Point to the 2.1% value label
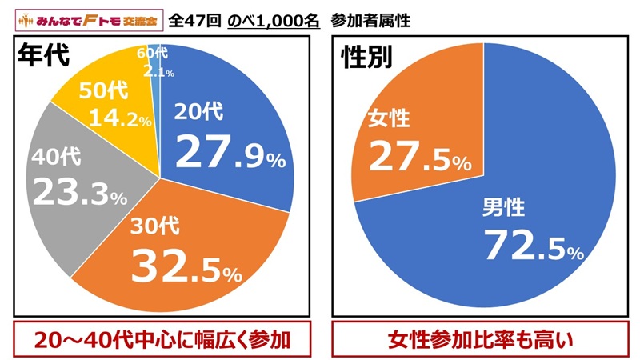click(x=158, y=73)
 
